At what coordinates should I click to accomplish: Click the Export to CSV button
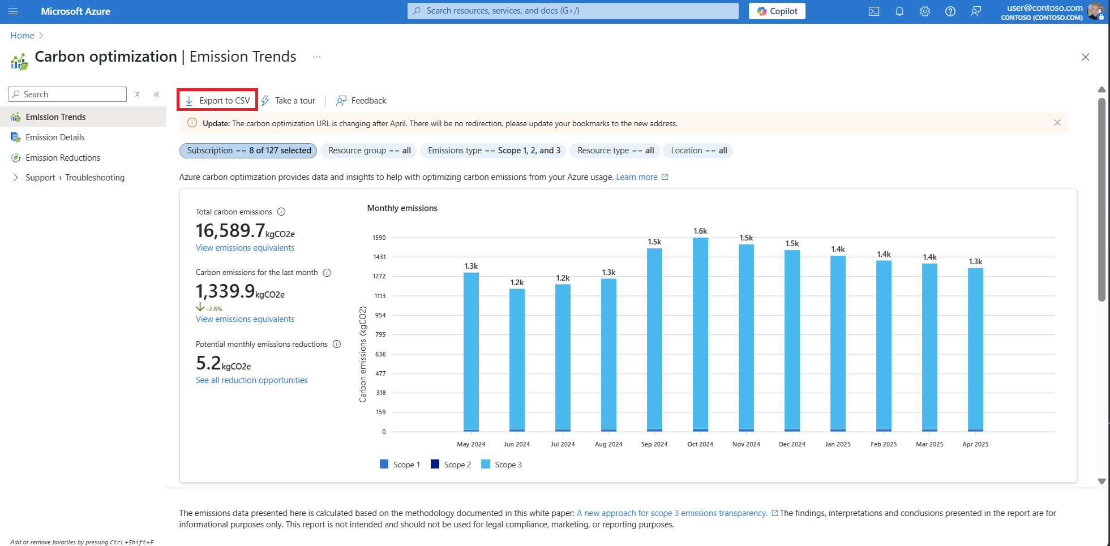(x=218, y=100)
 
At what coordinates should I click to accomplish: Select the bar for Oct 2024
(x=700, y=334)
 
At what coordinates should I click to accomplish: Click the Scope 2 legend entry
(x=451, y=465)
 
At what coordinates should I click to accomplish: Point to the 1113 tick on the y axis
(x=380, y=296)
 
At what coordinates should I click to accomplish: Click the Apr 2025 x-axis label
(x=975, y=444)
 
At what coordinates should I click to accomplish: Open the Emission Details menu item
(x=55, y=137)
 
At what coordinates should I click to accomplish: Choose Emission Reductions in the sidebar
(x=63, y=158)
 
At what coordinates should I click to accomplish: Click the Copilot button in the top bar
(x=777, y=11)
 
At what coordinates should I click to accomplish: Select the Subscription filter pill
(x=248, y=151)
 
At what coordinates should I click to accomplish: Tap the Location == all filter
(x=698, y=151)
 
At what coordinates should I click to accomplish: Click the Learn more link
(x=637, y=177)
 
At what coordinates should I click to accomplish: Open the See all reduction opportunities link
(x=251, y=380)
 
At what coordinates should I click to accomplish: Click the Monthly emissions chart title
(x=402, y=208)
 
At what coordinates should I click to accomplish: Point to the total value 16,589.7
(x=230, y=230)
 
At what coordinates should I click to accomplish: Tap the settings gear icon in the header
(x=925, y=11)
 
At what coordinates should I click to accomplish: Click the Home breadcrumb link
(x=23, y=36)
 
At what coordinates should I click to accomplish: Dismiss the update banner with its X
(x=1057, y=123)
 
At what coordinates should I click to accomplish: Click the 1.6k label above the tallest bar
(x=700, y=231)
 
